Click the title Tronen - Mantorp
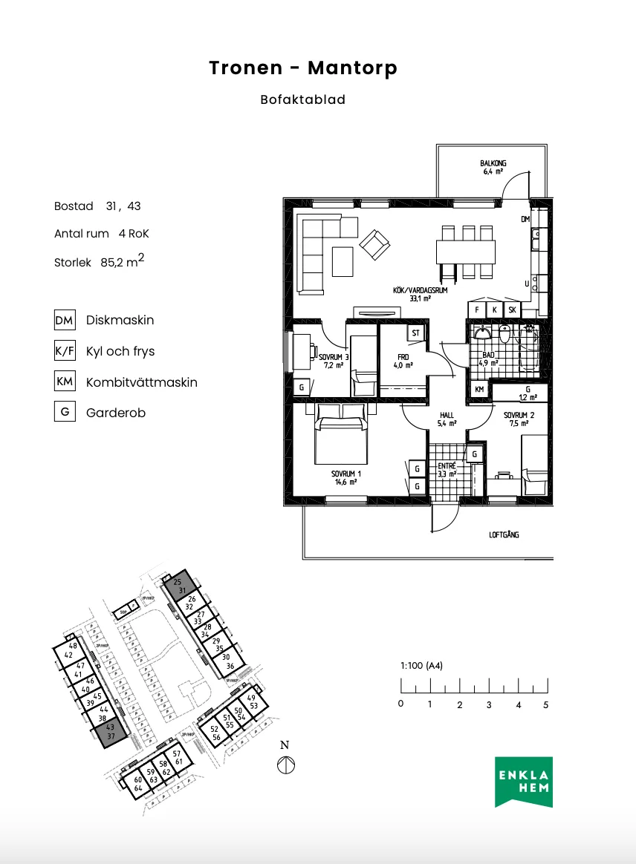coord(303,68)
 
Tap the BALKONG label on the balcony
coord(492,164)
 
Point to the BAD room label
coord(487,356)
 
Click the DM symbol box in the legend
coord(65,321)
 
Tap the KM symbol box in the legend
coord(65,382)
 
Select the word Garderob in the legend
coord(115,413)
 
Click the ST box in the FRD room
coord(415,333)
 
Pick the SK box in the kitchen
coord(512,310)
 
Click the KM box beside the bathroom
coord(479,389)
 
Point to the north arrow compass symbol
coord(285,765)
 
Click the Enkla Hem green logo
coord(525,782)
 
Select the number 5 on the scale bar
coord(546,704)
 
